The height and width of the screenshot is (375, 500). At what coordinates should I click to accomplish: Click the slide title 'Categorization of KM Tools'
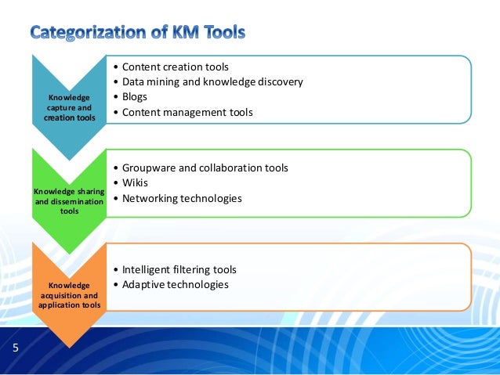(138, 33)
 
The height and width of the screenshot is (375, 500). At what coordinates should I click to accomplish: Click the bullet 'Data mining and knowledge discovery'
(212, 81)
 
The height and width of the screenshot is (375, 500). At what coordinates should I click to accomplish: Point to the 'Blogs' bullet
(134, 97)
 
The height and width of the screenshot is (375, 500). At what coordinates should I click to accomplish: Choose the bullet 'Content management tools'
(187, 112)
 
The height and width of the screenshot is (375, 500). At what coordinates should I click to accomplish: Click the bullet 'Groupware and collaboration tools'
(205, 168)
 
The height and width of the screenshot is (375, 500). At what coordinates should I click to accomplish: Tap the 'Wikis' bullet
(135, 183)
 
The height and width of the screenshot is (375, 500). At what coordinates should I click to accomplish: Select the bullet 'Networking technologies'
(181, 198)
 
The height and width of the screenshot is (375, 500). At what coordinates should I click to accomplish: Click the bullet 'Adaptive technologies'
(175, 284)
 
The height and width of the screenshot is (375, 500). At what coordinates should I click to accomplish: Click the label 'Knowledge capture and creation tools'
(69, 107)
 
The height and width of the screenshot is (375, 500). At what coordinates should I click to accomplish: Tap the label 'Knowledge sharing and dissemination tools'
(69, 200)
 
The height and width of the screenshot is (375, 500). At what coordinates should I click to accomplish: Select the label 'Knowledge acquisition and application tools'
(69, 295)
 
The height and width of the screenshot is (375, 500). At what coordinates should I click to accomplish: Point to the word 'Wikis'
(135, 183)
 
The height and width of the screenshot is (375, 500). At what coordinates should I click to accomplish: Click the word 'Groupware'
(149, 168)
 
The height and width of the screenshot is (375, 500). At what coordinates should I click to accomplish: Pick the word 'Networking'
(151, 198)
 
